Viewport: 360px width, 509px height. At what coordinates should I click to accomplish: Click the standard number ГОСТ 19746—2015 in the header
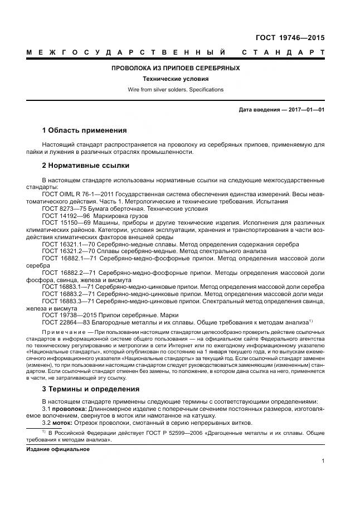290,38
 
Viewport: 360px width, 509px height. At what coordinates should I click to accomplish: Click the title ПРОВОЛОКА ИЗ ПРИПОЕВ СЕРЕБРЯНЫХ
176,68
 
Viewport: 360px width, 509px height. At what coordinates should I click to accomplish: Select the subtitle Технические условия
176,79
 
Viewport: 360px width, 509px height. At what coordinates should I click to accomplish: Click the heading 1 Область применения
84,130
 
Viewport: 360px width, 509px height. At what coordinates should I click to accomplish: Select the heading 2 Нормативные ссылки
86,166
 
